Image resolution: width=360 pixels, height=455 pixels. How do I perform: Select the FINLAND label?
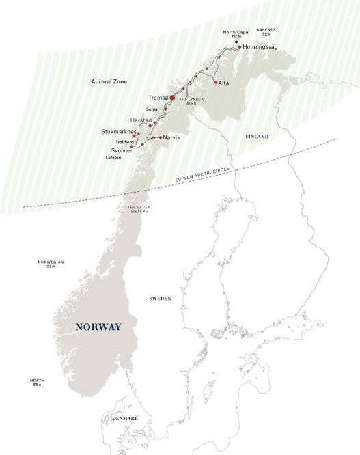[x=258, y=137]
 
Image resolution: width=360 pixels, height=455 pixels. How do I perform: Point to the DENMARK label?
[x=121, y=417]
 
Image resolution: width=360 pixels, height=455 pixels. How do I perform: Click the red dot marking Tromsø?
[x=172, y=98]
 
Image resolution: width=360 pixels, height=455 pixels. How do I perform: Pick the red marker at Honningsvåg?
[x=240, y=47]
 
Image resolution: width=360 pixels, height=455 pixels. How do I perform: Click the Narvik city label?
[x=173, y=138]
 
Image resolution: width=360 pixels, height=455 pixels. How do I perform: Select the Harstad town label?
[x=141, y=120]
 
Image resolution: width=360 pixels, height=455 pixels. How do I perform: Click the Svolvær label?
[x=114, y=148]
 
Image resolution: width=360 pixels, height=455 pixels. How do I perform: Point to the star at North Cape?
[x=236, y=42]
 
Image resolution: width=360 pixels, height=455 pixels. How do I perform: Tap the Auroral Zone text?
[x=109, y=81]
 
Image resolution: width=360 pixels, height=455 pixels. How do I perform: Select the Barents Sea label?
[x=264, y=32]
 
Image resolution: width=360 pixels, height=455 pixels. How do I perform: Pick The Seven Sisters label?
[x=138, y=209]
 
